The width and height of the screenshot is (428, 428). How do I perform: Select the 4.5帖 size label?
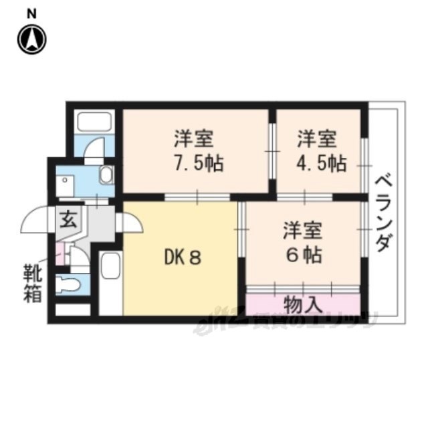(x=322, y=163)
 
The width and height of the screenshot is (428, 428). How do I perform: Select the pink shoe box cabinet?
(x=60, y=254)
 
